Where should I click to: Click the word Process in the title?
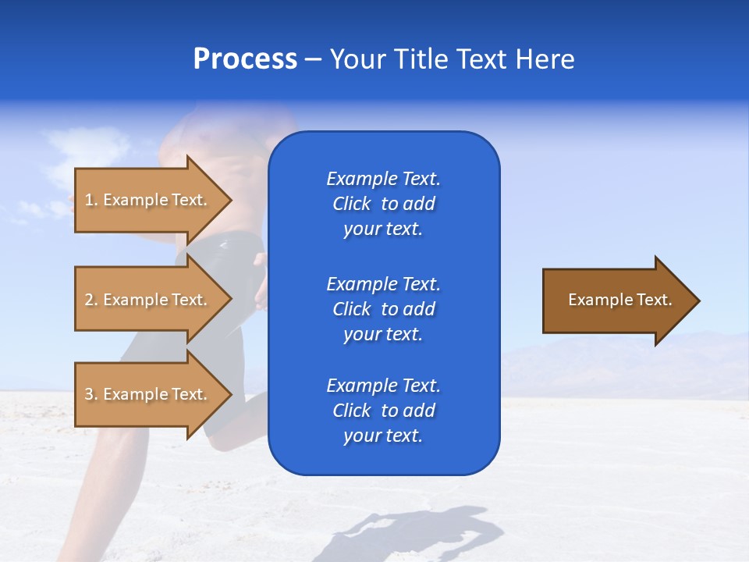coord(245,59)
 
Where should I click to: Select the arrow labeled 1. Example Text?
coord(148,200)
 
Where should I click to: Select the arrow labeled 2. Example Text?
coord(148,300)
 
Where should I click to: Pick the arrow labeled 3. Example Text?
coord(148,394)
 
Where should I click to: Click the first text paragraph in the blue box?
coord(383,204)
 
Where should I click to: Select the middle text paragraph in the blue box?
coord(383,309)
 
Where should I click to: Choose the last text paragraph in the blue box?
coord(383,411)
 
